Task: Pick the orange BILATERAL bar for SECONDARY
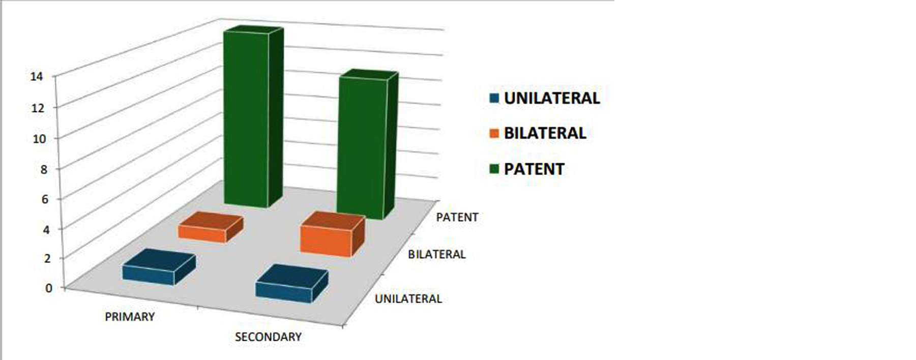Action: (332, 235)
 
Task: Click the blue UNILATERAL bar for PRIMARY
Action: (159, 267)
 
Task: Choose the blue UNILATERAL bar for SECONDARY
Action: (292, 284)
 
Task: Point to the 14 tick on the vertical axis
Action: (37, 77)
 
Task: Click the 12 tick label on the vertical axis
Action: (38, 108)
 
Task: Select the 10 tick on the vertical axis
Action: (39, 138)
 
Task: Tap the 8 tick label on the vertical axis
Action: (44, 169)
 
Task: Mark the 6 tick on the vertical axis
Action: (45, 199)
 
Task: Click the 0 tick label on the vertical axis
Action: (49, 288)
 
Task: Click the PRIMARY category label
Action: (130, 317)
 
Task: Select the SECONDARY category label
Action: (268, 337)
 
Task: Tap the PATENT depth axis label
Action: (457, 217)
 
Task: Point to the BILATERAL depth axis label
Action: (437, 254)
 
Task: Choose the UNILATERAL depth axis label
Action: (408, 298)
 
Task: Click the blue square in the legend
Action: (494, 98)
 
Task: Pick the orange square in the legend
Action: (494, 133)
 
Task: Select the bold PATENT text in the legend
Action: (534, 169)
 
